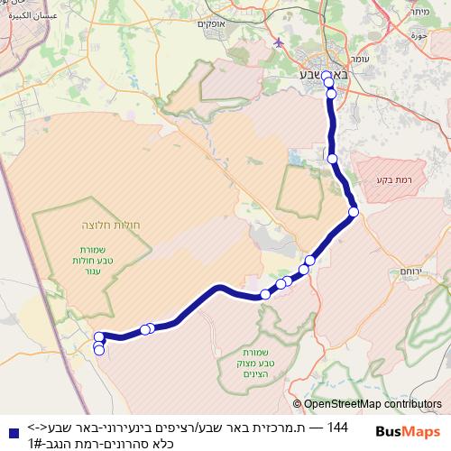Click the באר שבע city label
point(319,76)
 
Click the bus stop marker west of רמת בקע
point(333,159)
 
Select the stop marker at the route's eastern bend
point(354,212)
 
